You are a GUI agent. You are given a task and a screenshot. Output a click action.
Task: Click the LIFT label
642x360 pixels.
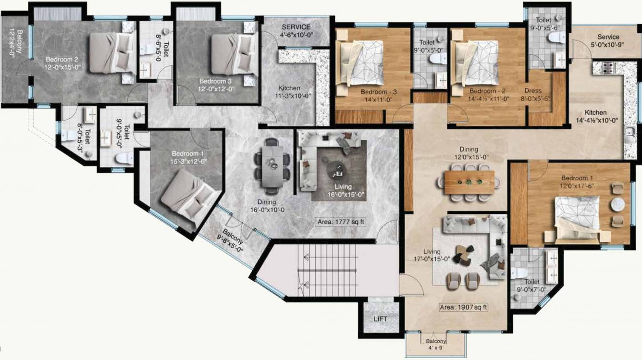[380, 319]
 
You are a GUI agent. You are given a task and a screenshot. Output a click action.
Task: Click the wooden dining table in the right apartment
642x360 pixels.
[469, 183]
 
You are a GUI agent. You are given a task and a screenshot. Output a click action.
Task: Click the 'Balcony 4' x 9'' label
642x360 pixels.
[436, 345]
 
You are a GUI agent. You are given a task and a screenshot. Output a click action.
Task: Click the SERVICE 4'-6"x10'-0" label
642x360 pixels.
[296, 30]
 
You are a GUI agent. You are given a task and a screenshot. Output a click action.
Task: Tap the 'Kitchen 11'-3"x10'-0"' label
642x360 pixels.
[289, 92]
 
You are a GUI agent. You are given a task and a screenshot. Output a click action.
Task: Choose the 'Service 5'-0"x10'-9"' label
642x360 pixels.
[608, 41]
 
